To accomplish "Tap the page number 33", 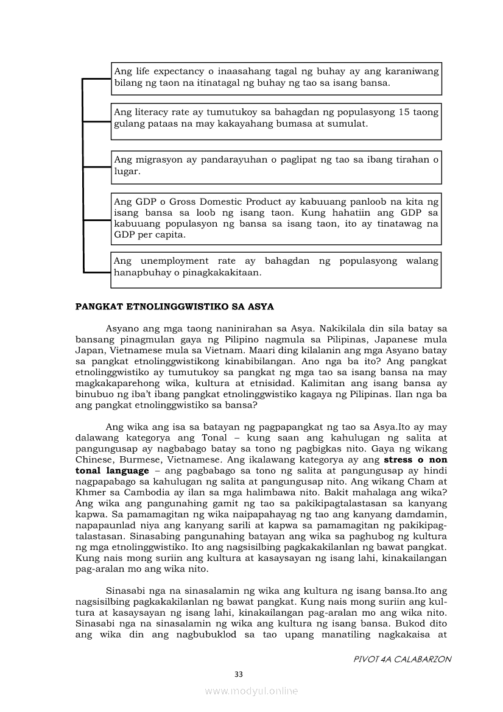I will [239, 674].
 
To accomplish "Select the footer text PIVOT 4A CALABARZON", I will [403, 659].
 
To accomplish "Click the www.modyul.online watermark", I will [251, 691].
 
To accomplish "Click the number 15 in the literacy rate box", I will [404, 113].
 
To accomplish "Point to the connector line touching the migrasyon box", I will [96, 167].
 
